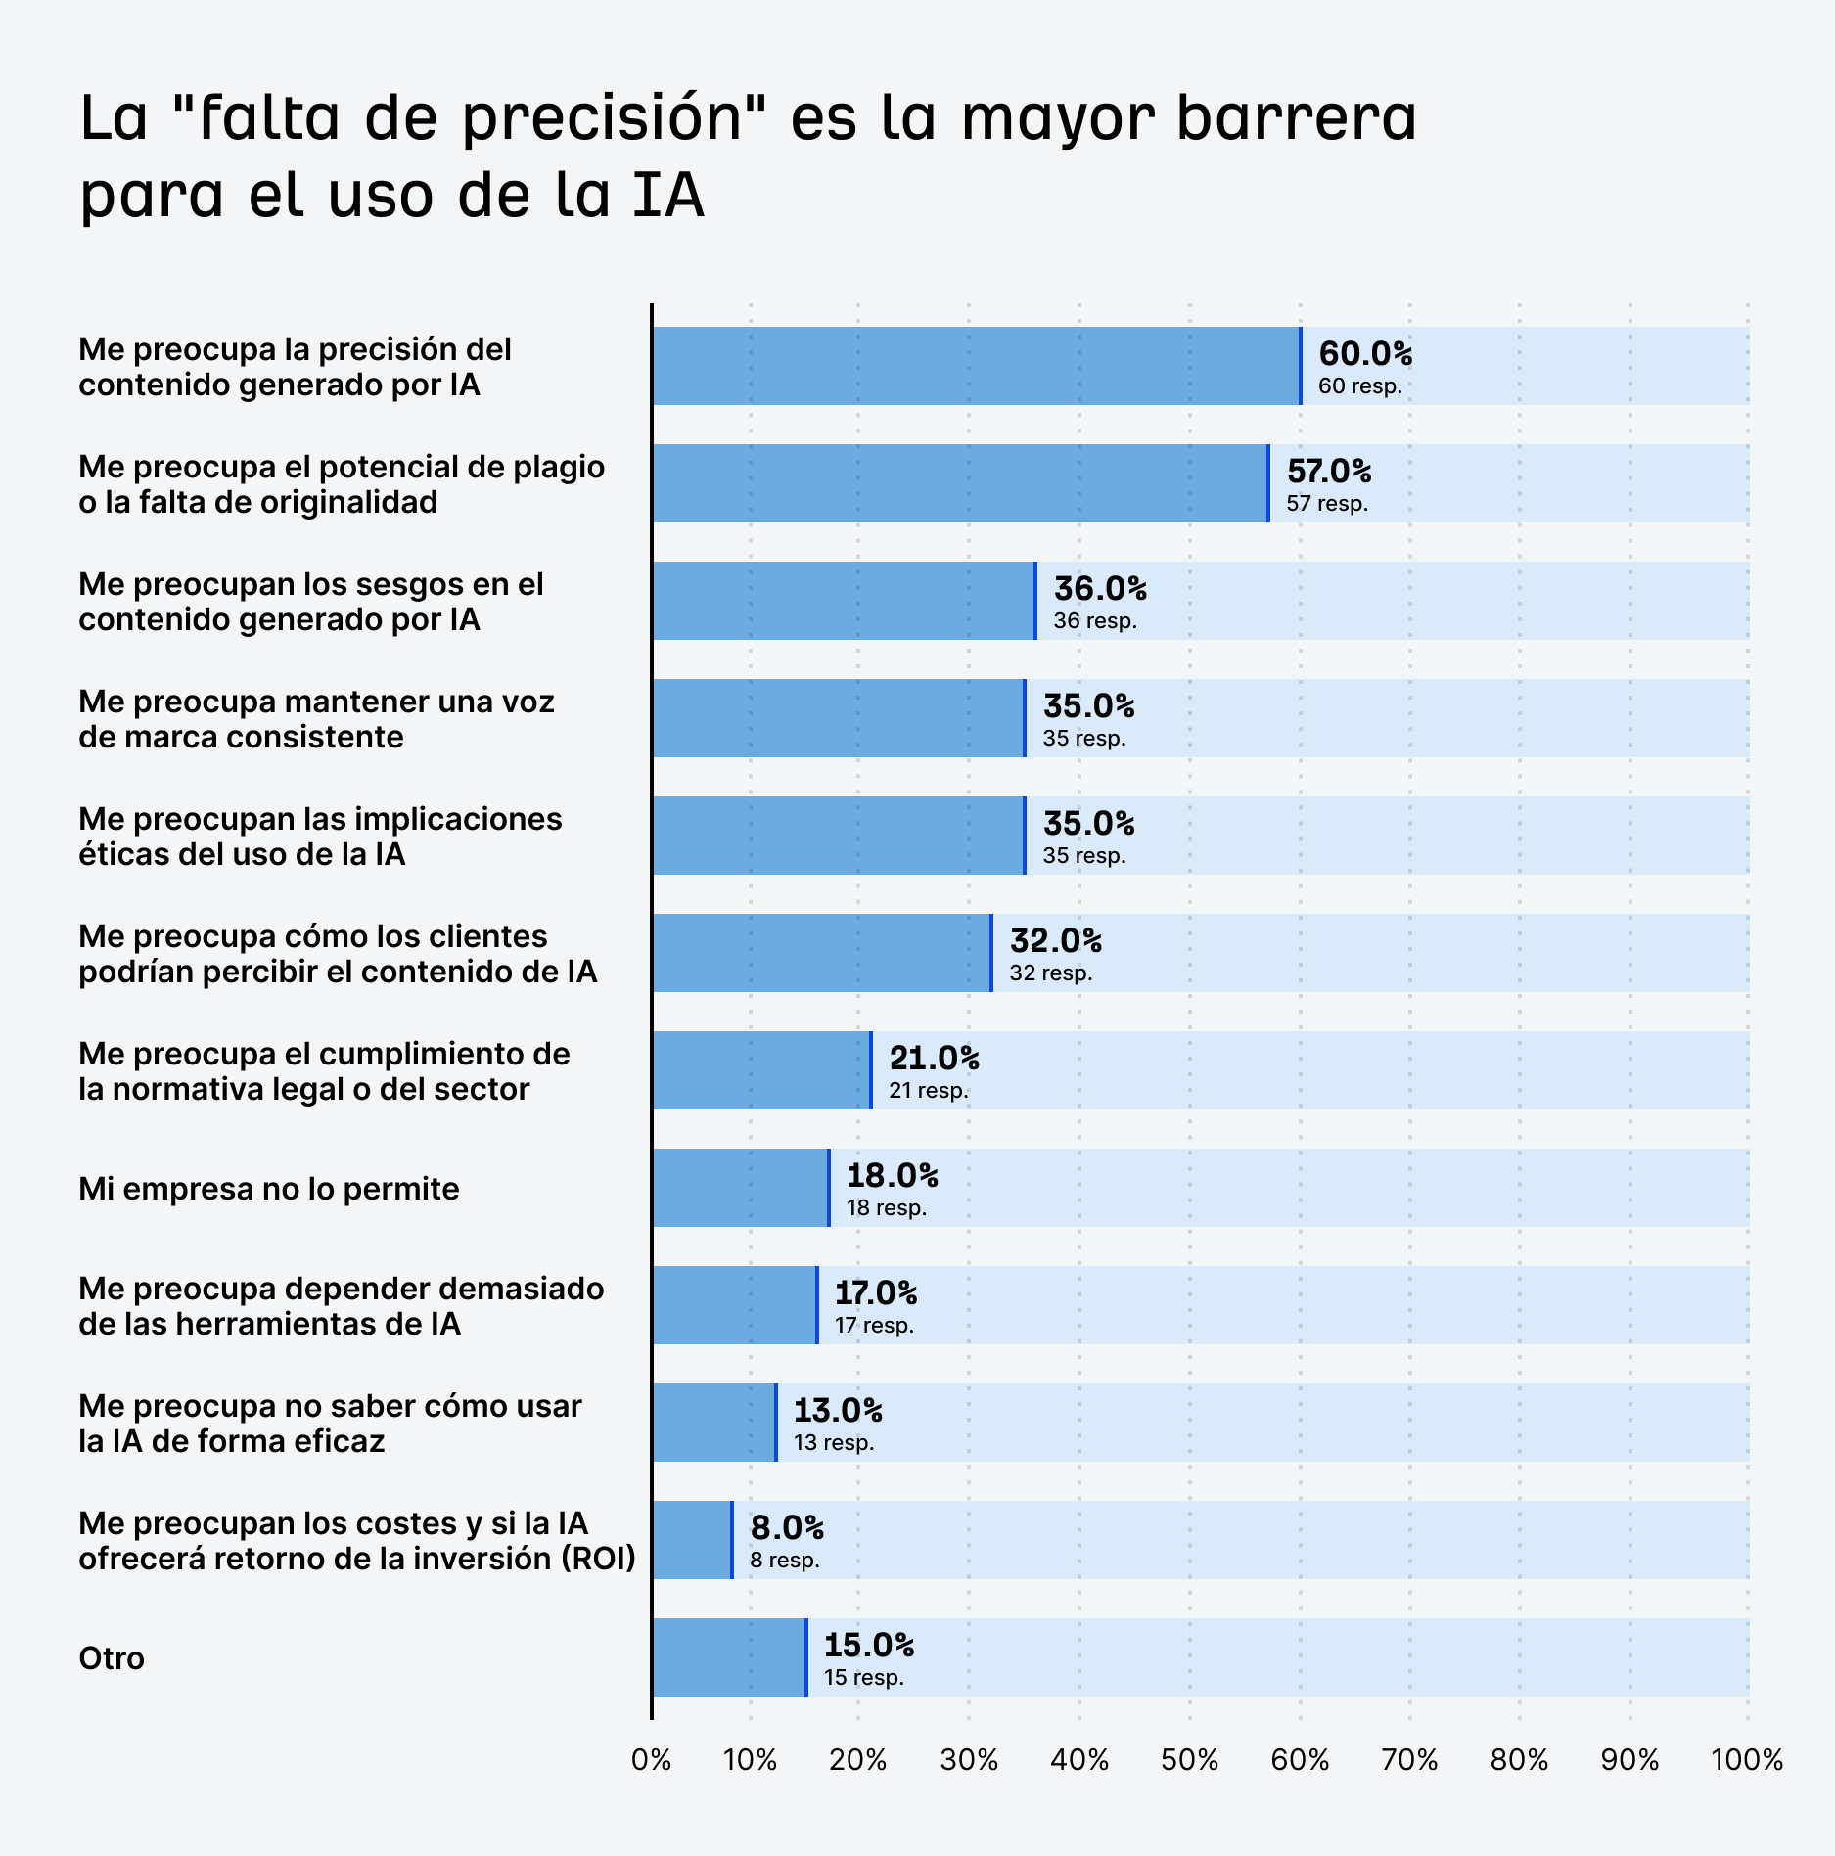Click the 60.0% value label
pos(1364,354)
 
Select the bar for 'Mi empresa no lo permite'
pos(740,1188)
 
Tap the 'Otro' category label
pos(112,1658)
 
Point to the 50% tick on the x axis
pos(1189,1760)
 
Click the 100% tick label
pos(1746,1760)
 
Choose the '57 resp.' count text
pos(1326,504)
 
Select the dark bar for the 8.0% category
pos(691,1540)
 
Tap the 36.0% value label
pos(1099,589)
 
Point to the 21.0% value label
pos(934,1059)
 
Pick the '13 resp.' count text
pos(833,1443)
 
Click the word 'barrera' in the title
pos(1296,119)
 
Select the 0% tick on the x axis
pos(652,1760)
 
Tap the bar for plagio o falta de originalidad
pos(959,483)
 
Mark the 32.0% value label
pos(1055,941)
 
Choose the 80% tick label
pos(1519,1760)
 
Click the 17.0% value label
pos(875,1293)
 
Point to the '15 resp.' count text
pos(863,1678)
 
